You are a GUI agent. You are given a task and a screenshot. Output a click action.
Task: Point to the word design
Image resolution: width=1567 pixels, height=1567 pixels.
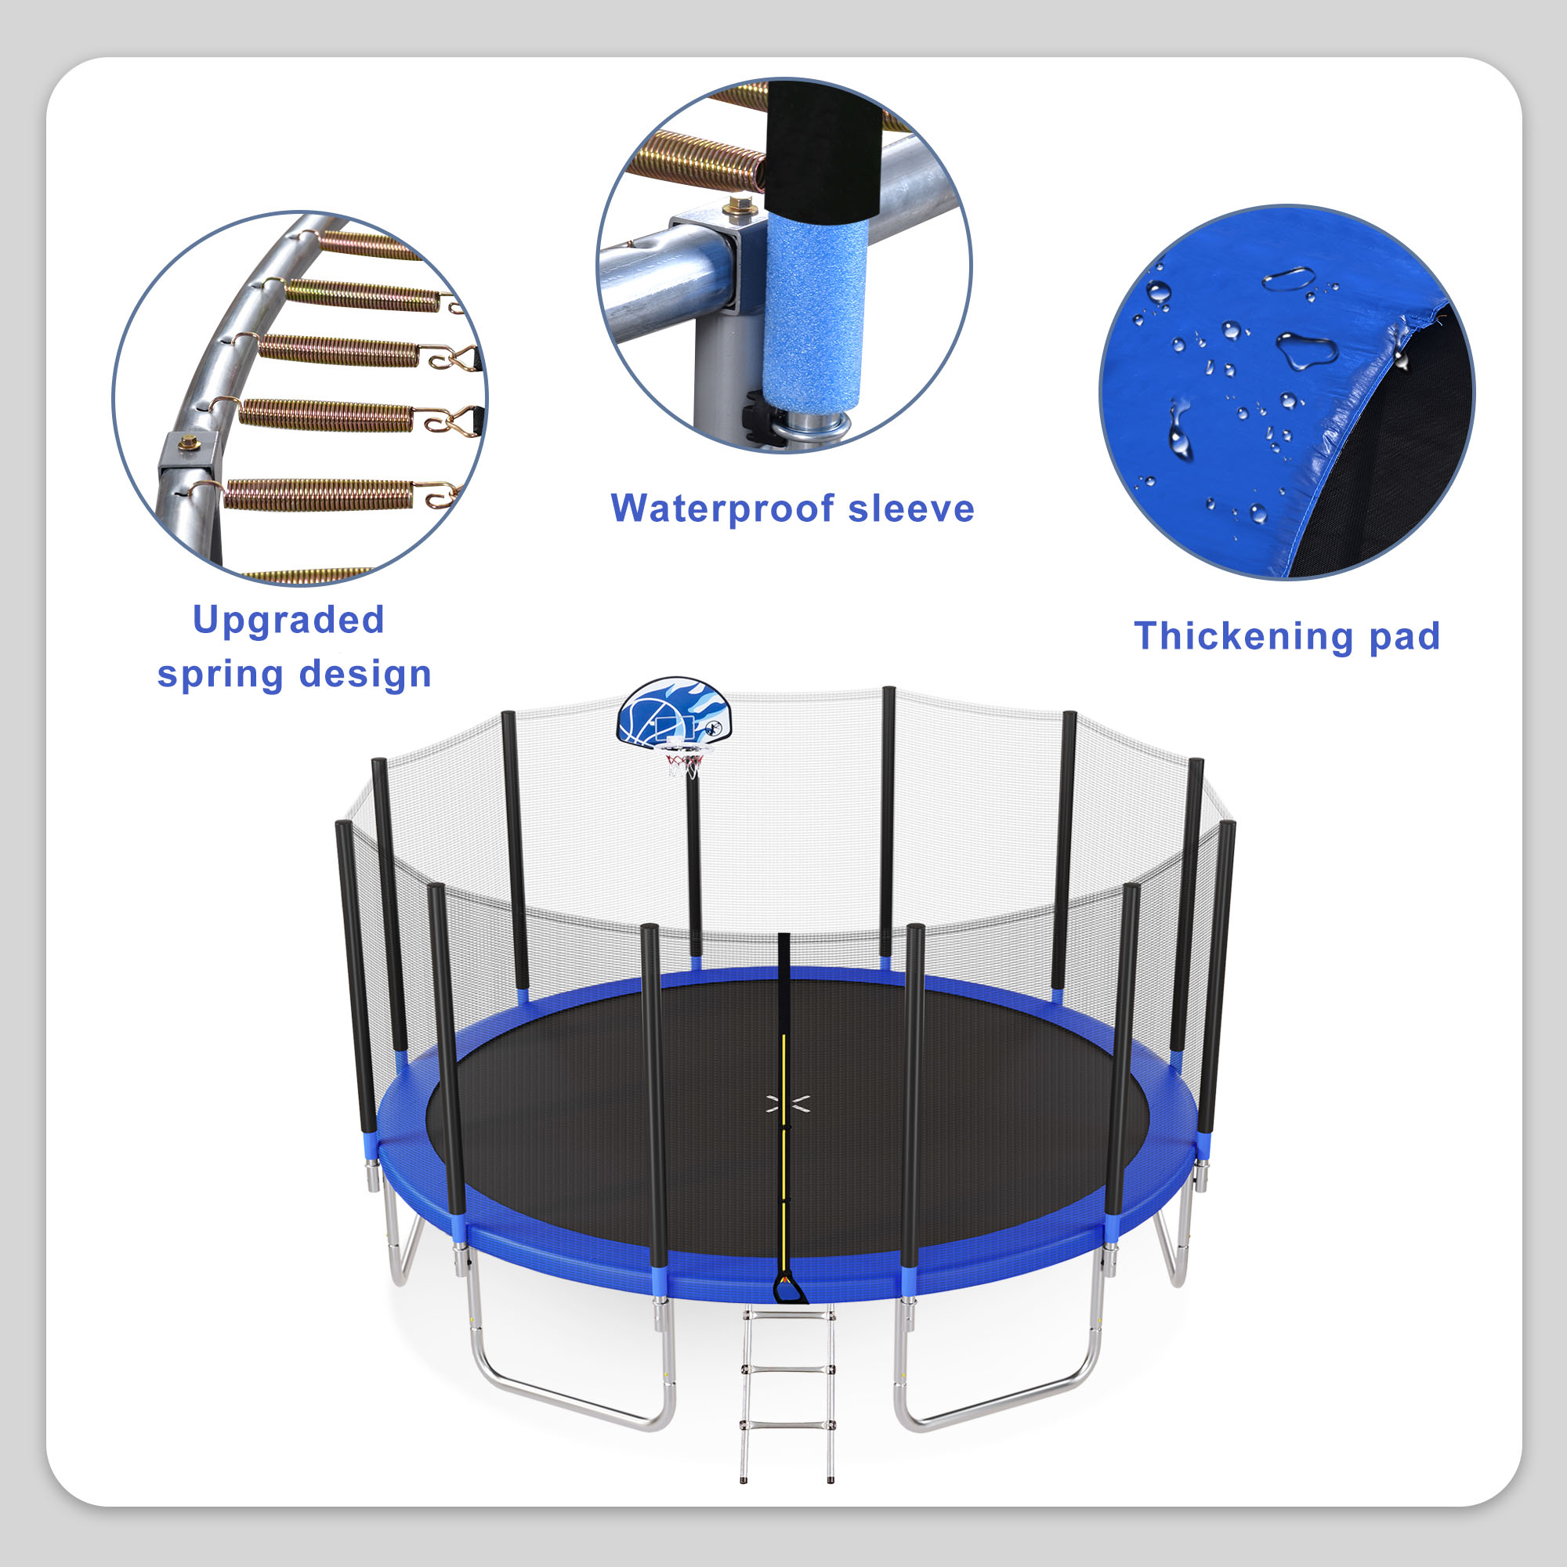(365, 674)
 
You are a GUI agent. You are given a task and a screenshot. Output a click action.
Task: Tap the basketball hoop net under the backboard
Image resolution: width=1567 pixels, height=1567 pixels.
(684, 764)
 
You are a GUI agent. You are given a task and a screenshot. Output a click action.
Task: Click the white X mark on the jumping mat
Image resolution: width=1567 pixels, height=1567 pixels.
(787, 1103)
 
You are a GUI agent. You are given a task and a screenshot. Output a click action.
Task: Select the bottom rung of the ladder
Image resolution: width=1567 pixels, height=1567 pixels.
(786, 1424)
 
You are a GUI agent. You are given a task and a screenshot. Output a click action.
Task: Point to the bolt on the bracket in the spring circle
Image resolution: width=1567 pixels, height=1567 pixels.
(189, 443)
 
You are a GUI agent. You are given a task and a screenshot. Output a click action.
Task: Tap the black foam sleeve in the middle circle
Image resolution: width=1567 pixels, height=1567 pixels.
(823, 146)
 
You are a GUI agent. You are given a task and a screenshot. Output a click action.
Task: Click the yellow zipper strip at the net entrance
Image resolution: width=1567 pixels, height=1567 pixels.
(783, 1135)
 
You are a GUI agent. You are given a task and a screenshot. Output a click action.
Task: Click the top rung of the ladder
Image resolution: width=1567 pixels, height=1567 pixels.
(786, 1315)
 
